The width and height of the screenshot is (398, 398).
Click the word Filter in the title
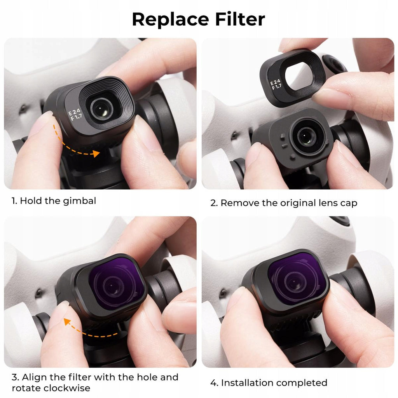coord(240,19)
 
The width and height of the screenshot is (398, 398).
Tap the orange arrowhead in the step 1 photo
coord(96,153)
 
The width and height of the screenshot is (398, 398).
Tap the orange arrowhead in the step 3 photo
coord(67,321)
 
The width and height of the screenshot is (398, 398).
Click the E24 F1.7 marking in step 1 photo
coord(75,115)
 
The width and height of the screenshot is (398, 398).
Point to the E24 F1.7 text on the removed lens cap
coord(276,84)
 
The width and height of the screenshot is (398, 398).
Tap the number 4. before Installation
coord(215,383)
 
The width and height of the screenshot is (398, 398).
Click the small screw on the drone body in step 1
coord(23,109)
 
